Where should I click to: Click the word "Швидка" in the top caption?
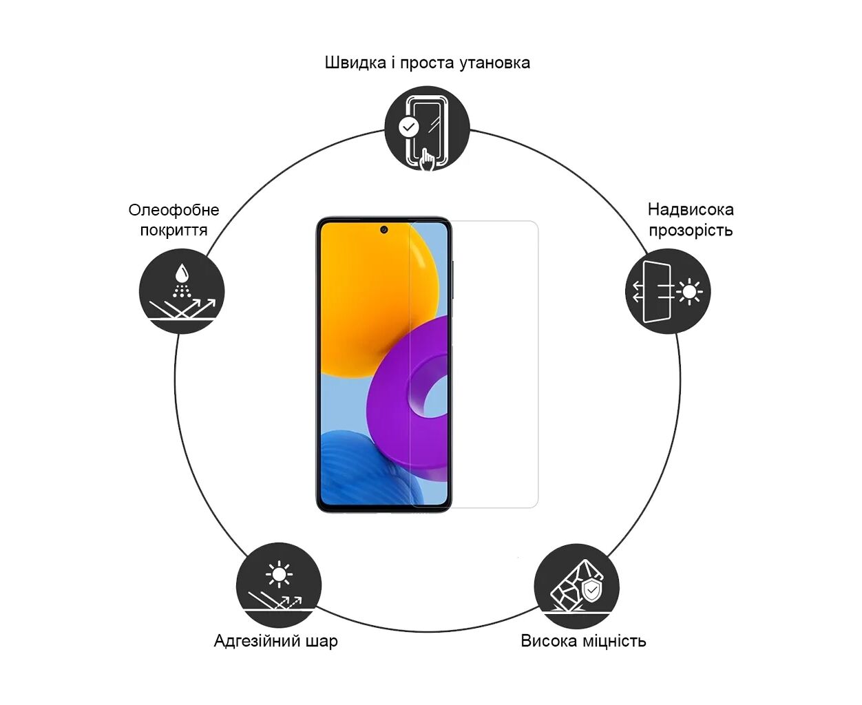tap(355, 63)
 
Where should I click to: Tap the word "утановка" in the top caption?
tap(494, 63)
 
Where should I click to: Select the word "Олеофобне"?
tap(174, 210)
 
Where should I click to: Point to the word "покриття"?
tap(174, 230)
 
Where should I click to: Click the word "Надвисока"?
tap(691, 210)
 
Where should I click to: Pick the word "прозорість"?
tap(691, 230)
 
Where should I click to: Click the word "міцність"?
tap(614, 641)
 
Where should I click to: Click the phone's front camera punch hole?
tap(383, 230)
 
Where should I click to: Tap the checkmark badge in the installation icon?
tap(409, 127)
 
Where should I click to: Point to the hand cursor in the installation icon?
tap(427, 160)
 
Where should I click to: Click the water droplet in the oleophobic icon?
tap(182, 272)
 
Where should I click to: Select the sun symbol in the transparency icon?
tap(689, 292)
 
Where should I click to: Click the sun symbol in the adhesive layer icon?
tap(279, 574)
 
